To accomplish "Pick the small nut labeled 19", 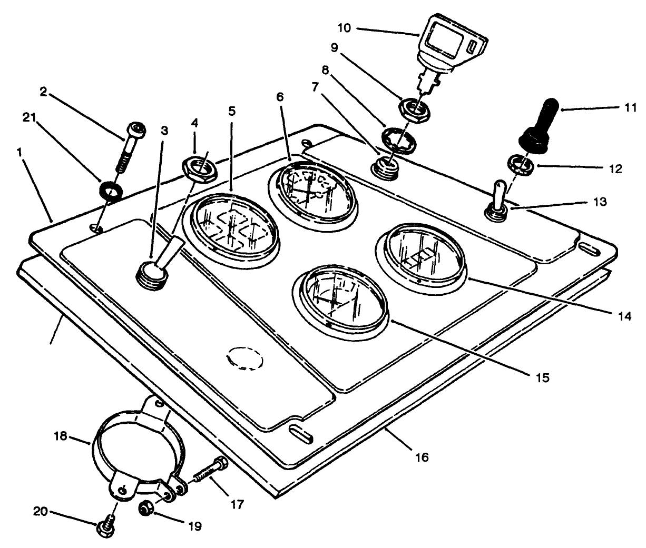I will pyautogui.click(x=144, y=509).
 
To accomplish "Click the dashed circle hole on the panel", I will pyautogui.click(x=244, y=359).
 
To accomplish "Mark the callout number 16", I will pyautogui.click(x=421, y=456).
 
